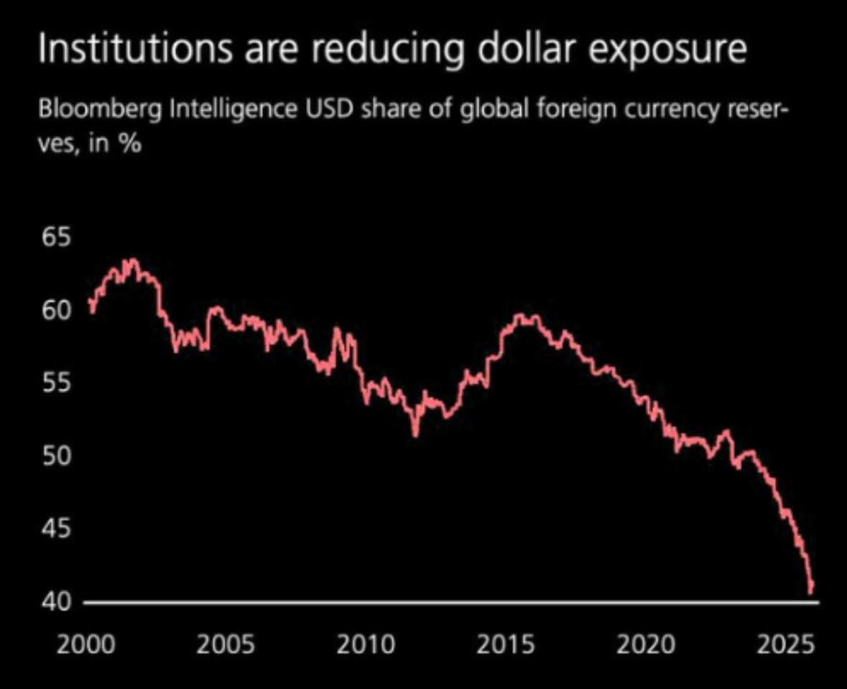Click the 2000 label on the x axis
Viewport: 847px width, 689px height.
pos(85,644)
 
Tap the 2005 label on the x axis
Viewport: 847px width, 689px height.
pos(227,644)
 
